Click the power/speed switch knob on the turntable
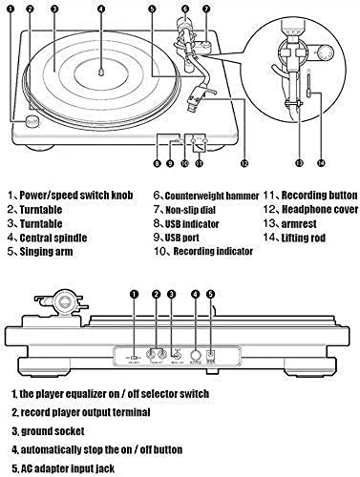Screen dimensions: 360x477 pos(32,121)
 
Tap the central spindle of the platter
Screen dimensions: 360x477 pos(101,73)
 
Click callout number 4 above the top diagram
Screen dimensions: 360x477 pos(101,9)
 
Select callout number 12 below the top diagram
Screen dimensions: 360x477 pos(244,163)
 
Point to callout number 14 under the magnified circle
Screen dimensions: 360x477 pos(321,163)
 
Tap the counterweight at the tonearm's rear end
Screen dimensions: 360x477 pos(184,26)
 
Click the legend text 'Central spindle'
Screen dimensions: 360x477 pos(53,238)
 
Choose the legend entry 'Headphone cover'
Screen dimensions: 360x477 pos(320,210)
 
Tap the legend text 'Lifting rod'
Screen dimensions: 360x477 pos(304,238)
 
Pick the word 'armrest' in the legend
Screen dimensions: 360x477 pos(299,224)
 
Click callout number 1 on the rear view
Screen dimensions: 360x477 pos(135,294)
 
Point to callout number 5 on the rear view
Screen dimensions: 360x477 pos(211,294)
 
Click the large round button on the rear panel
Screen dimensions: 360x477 pos(195,355)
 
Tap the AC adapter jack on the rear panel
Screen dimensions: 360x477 pos(211,355)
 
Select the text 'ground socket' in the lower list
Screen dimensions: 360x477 pos(53,431)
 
